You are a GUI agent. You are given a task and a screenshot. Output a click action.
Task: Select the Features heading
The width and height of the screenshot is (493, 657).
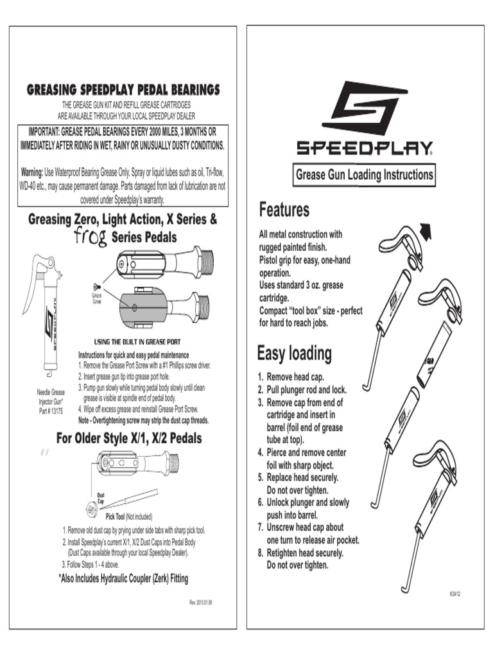coord(284,210)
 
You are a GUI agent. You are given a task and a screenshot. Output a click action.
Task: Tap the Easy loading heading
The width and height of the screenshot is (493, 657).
coord(294,354)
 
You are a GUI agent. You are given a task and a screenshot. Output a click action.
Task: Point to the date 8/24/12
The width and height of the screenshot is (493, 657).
coord(454,594)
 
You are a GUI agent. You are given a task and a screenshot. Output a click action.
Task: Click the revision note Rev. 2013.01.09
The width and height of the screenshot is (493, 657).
coord(200,603)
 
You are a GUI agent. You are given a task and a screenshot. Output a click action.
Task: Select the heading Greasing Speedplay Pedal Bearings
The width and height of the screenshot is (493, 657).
coord(123,89)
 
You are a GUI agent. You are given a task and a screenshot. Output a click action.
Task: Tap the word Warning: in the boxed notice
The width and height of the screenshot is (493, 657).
coord(31,173)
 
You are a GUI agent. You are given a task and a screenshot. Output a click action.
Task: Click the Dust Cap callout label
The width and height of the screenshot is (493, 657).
coord(101,498)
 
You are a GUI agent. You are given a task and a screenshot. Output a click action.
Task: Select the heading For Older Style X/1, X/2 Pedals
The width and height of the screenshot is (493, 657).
coord(129,439)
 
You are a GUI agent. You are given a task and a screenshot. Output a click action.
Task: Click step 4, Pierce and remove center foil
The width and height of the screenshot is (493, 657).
coord(305,459)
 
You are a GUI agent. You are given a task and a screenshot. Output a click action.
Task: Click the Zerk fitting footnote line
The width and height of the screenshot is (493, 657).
coord(123,578)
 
